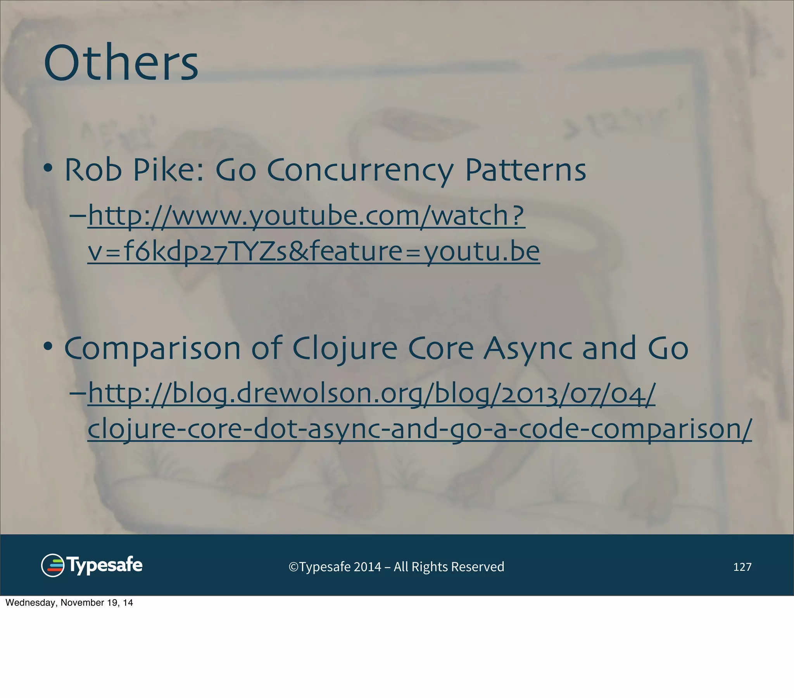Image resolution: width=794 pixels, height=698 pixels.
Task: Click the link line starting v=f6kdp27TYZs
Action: [314, 251]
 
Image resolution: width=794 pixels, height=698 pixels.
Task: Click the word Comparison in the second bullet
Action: [152, 349]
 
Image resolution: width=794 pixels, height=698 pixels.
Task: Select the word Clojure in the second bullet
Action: [345, 349]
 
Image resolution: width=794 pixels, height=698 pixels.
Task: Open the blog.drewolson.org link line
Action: [371, 393]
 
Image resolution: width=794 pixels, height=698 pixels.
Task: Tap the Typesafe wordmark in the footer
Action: [105, 565]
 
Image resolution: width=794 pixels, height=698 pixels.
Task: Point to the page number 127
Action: [742, 567]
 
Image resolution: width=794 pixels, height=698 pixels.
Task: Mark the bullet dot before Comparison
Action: [48, 346]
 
